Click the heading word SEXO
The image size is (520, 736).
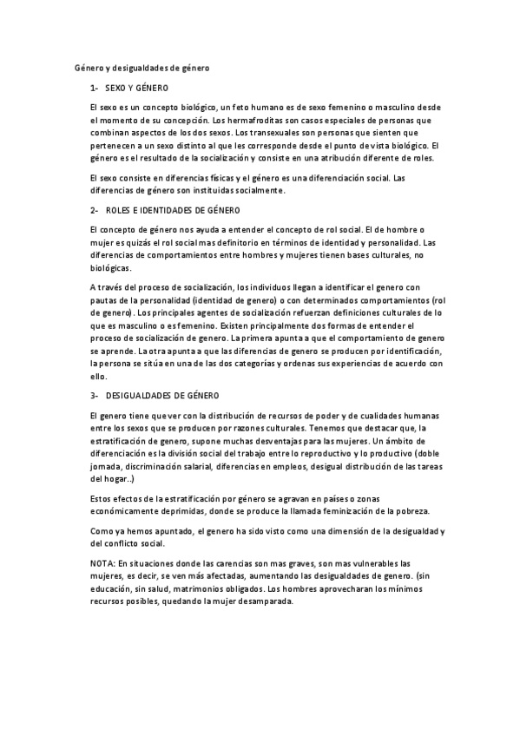click(115, 89)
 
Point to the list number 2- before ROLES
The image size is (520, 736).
click(94, 211)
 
